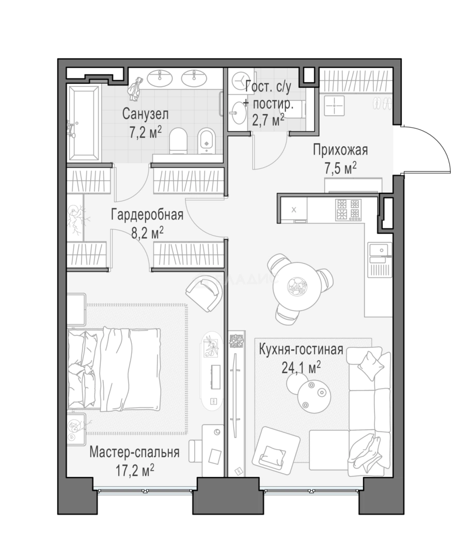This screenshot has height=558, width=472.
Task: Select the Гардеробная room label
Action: [x=147, y=214]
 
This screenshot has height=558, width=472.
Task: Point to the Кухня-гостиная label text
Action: [x=301, y=349]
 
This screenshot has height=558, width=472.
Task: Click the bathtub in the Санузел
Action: [x=84, y=123]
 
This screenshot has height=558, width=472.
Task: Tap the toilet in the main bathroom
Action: [x=178, y=141]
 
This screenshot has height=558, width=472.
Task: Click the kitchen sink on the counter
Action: [x=380, y=250]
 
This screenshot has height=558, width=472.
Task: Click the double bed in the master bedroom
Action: [x=114, y=369]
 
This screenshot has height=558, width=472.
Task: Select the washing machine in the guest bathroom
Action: [x=241, y=82]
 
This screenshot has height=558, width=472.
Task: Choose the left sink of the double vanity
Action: [x=160, y=78]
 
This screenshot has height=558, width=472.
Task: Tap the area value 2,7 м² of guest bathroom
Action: [x=268, y=120]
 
